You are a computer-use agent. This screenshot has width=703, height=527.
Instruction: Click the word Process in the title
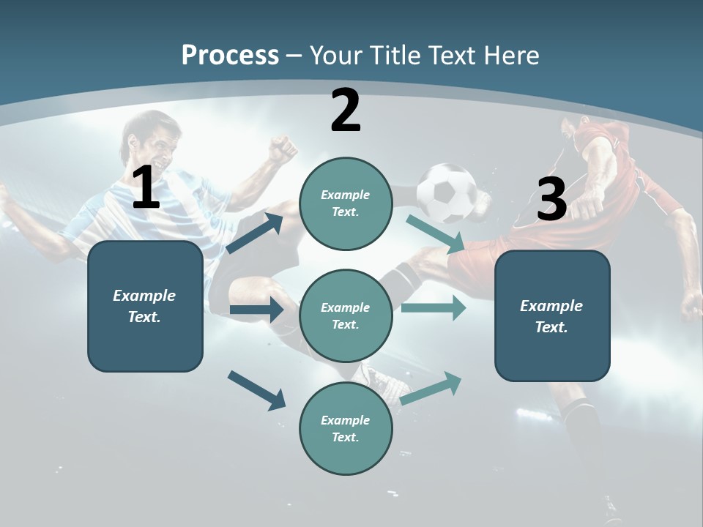click(230, 56)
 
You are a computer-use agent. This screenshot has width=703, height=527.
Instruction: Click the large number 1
click(146, 187)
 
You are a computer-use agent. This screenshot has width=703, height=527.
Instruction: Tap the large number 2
click(346, 111)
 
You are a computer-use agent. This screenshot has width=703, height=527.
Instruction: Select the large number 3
click(551, 200)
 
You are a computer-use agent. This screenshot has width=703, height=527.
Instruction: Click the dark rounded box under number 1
click(145, 306)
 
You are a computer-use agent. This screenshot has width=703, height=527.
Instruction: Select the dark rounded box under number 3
click(552, 316)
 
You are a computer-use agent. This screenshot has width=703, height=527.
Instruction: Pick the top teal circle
click(346, 203)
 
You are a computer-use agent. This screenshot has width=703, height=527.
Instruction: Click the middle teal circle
click(346, 316)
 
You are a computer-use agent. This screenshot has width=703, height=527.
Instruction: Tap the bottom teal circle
click(346, 429)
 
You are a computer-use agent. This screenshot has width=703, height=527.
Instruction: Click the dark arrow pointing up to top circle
click(255, 233)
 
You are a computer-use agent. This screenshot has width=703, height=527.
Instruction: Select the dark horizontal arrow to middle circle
click(256, 310)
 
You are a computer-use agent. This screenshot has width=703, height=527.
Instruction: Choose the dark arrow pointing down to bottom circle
click(256, 390)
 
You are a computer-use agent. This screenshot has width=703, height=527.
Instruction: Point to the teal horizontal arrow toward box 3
click(434, 308)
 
